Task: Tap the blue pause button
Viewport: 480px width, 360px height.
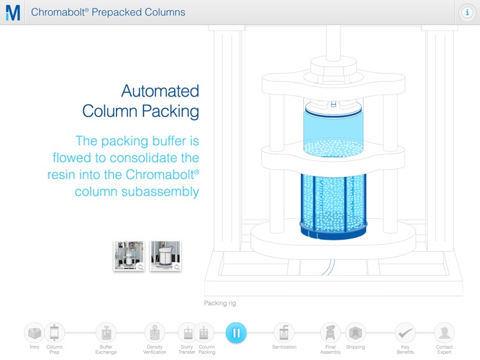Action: (236, 333)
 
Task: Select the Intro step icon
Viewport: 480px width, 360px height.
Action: (35, 333)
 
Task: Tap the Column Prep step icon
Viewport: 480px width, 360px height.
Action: (54, 333)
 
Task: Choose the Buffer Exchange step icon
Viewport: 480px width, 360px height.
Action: (106, 333)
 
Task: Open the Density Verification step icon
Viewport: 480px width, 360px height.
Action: (154, 333)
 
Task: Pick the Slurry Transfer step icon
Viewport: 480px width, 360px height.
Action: (188, 333)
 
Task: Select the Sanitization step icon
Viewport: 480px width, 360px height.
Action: (284, 333)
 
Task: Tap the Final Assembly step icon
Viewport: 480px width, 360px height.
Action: (330, 333)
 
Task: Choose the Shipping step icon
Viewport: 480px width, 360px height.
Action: (355, 333)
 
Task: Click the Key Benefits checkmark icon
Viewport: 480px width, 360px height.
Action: (404, 333)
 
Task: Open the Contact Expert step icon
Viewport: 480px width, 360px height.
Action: (444, 333)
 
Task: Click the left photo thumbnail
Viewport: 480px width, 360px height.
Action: (129, 256)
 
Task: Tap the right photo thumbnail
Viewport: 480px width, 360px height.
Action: (165, 256)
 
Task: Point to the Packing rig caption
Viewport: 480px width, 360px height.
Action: (220, 303)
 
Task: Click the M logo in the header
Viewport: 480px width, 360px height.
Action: (13, 12)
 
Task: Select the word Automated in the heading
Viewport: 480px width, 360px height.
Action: (160, 91)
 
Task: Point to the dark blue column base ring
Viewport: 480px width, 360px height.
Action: (333, 228)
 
